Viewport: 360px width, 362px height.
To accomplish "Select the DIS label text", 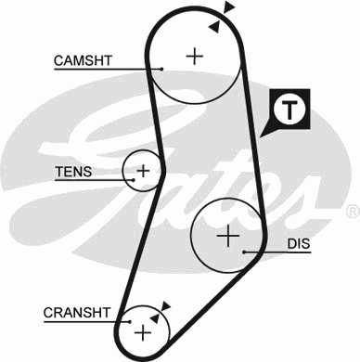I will [298, 246].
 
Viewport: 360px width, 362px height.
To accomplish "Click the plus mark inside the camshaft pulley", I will [194, 55].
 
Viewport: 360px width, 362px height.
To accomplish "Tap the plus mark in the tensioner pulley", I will [143, 171].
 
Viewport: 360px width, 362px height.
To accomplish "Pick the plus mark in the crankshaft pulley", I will [143, 330].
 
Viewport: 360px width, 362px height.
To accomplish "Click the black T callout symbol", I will [290, 111].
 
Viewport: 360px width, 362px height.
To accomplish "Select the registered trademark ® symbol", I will [352, 212].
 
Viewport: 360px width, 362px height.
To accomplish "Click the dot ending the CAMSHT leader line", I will [161, 68].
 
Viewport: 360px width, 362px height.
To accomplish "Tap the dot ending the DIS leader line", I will [243, 251].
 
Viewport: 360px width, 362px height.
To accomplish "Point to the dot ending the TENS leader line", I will [124, 172].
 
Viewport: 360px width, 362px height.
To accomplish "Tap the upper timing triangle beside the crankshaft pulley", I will [167, 304].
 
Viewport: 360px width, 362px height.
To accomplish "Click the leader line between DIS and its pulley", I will [264, 251].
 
